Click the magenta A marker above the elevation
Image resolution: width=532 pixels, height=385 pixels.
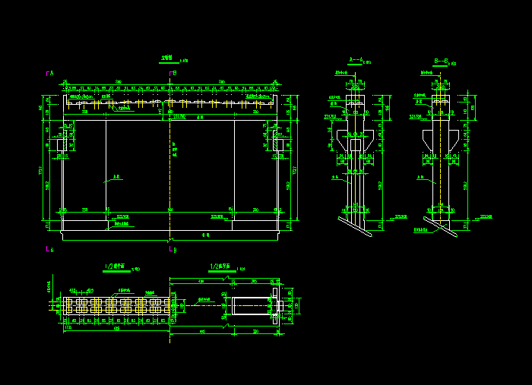[x=49, y=73]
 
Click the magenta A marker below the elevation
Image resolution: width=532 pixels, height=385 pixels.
[x=49, y=248]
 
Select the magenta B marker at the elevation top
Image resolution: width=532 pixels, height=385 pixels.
[x=173, y=73]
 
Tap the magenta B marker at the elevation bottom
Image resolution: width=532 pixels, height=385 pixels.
[x=173, y=249]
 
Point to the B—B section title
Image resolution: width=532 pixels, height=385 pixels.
[x=440, y=59]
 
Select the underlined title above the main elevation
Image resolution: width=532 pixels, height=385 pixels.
[x=169, y=58]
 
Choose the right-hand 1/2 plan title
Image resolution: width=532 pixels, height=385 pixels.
[x=220, y=267]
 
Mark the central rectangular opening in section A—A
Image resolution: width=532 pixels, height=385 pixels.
[x=355, y=144]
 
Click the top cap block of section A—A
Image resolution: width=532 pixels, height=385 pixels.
[x=355, y=99]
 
